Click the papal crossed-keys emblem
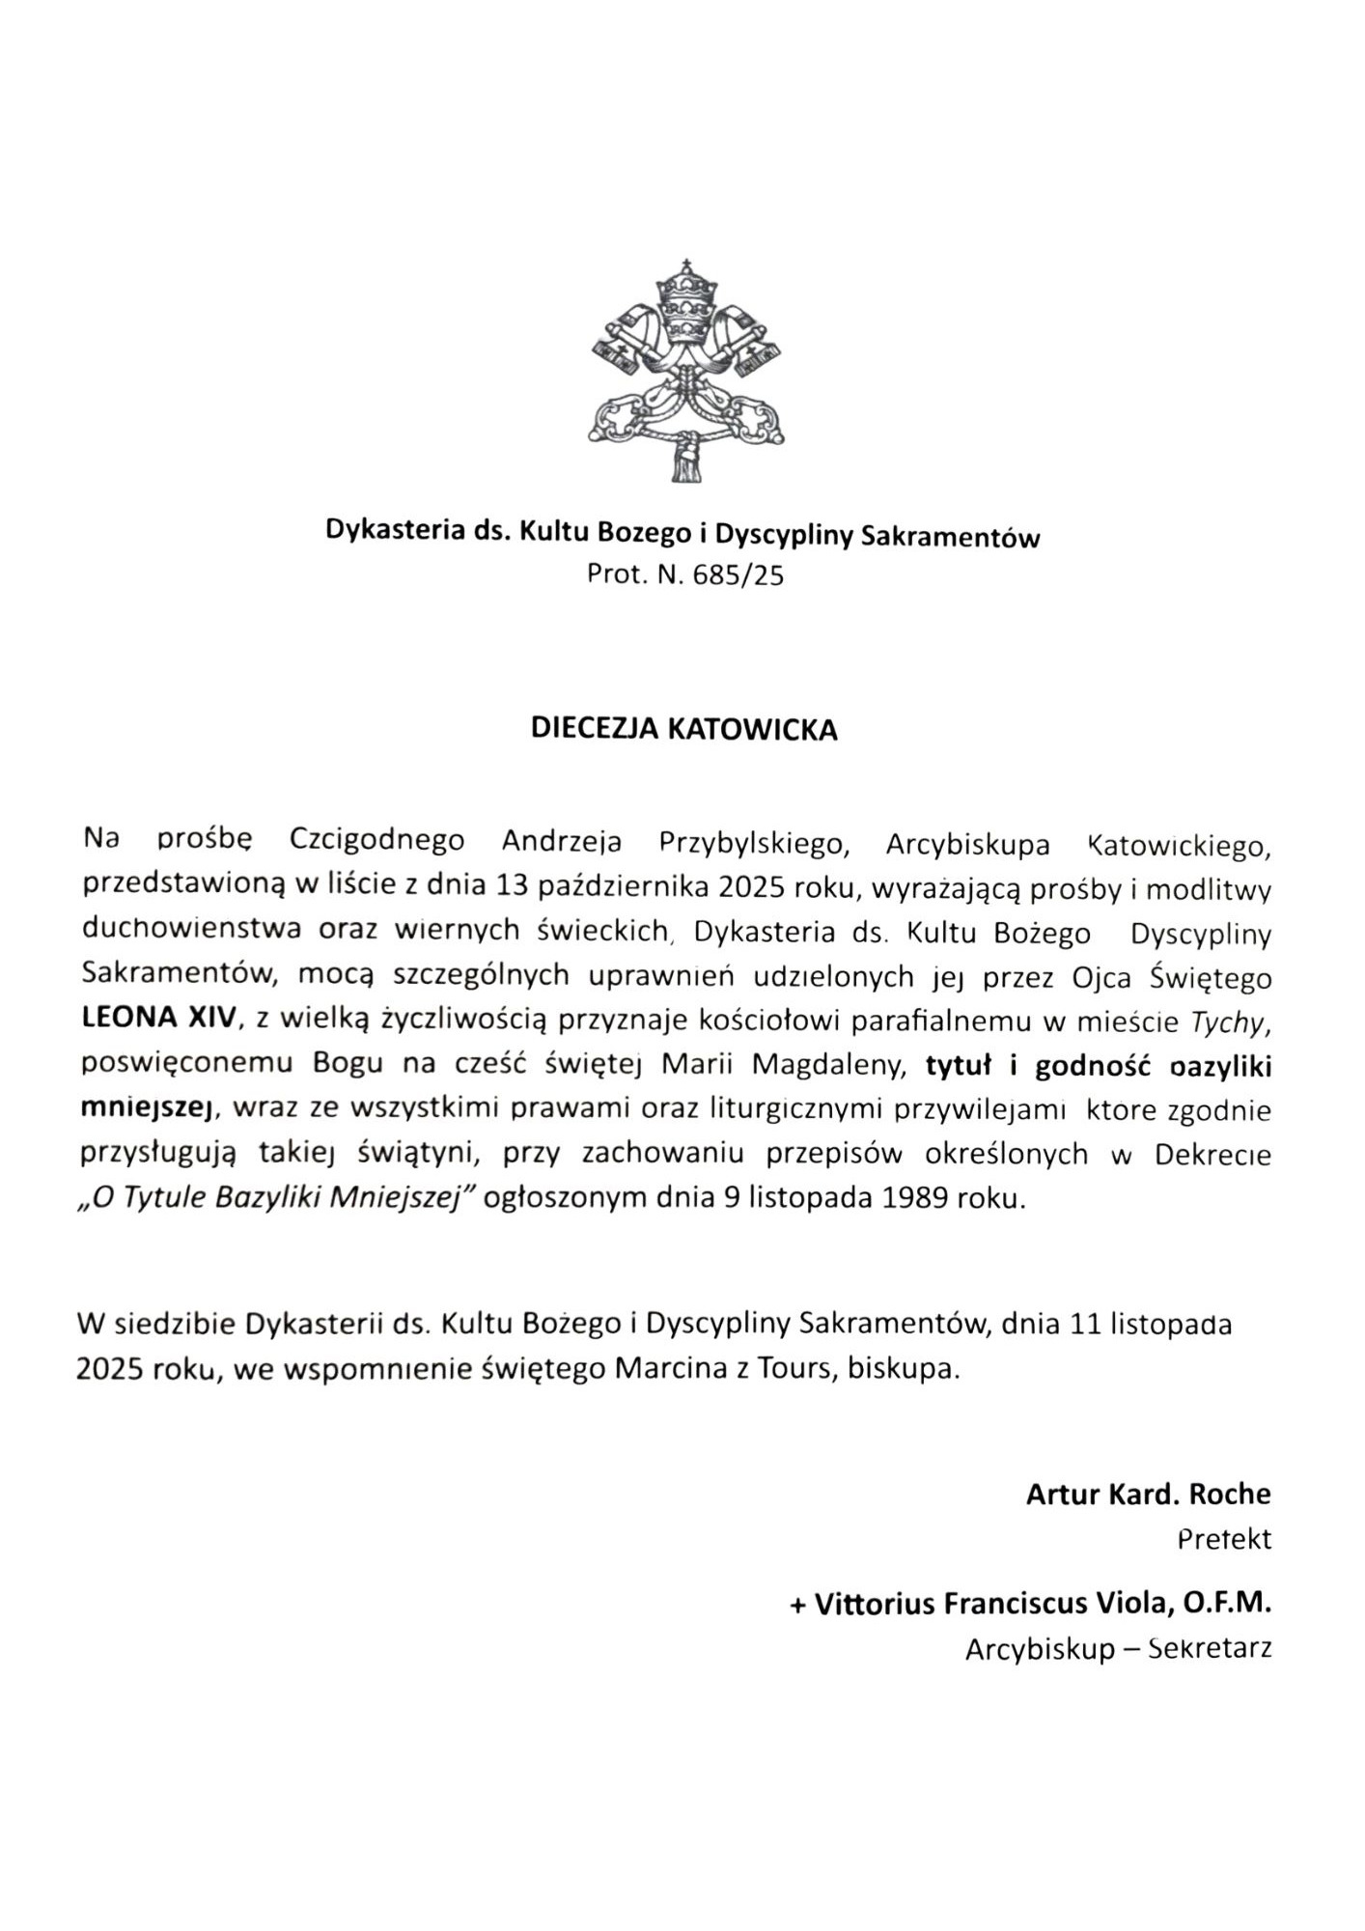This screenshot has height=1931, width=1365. pos(686,371)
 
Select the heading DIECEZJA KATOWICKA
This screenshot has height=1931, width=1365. pos(683,729)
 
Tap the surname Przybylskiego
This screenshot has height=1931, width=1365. pos(753,843)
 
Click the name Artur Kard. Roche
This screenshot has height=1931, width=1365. pos(1148,1495)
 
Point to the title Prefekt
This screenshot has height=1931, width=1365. pos(1224,1538)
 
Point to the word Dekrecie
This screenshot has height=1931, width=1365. pos(1212,1154)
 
